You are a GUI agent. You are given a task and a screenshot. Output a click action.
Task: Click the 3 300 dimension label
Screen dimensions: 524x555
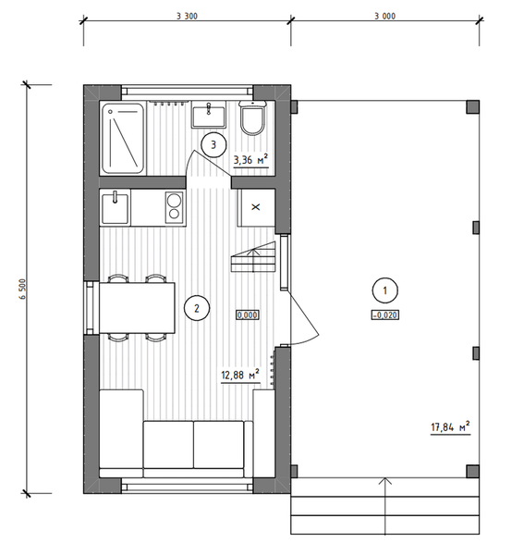(x=187, y=16)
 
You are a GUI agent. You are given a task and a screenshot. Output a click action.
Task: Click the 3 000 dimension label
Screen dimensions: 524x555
(x=385, y=16)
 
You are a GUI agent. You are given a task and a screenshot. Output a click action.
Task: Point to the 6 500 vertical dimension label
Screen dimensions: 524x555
(x=23, y=290)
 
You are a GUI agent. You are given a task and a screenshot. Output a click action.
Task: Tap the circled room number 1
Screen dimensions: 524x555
(x=385, y=290)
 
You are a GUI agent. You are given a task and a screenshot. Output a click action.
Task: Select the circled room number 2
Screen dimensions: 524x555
(x=197, y=308)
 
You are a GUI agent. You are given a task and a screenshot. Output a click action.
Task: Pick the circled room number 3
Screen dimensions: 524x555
(x=213, y=144)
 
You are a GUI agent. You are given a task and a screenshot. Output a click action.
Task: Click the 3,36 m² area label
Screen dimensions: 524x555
(x=250, y=160)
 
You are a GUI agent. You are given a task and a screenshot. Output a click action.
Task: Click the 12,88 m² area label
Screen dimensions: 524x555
(x=240, y=375)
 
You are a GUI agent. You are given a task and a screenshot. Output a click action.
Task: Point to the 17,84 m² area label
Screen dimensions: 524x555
(x=450, y=426)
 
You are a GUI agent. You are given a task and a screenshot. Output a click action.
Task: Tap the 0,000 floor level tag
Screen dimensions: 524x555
(x=248, y=314)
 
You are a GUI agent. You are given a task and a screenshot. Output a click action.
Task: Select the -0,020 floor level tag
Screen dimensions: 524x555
(x=385, y=314)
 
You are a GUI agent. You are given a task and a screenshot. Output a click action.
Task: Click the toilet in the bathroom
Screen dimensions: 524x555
(x=252, y=117)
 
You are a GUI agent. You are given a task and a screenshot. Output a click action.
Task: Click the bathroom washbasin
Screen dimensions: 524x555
(x=209, y=114)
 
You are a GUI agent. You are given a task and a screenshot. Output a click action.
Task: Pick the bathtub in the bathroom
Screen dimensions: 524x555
(x=123, y=138)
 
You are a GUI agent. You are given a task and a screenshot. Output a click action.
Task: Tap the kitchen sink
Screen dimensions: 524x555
(x=115, y=208)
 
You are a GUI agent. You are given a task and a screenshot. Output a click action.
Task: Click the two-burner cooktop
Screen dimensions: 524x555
(x=175, y=207)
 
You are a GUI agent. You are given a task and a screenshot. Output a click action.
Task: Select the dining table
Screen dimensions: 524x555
(x=137, y=308)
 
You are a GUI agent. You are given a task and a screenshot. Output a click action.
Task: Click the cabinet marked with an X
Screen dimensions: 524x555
(x=256, y=207)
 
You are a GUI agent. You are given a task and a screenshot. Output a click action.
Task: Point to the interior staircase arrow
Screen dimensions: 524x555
(x=253, y=261)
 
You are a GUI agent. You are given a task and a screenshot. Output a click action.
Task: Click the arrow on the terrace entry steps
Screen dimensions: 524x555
(x=385, y=505)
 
